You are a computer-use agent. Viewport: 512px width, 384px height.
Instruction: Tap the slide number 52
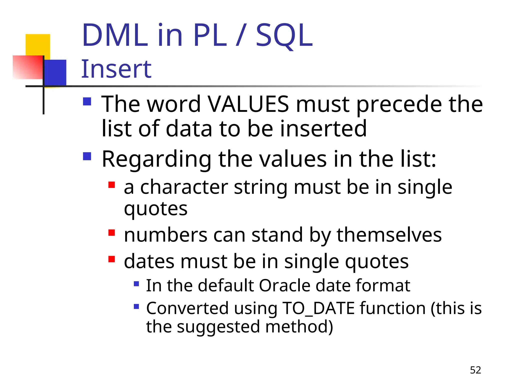475,370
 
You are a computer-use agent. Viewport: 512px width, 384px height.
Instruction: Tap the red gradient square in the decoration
27,67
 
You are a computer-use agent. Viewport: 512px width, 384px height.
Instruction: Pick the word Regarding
157,159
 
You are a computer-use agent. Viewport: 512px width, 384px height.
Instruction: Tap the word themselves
389,235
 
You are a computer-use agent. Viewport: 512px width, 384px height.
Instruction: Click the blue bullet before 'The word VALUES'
87,102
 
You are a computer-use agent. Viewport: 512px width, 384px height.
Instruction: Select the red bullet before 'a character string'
111,185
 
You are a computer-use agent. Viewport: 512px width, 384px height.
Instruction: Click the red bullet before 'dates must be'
111,259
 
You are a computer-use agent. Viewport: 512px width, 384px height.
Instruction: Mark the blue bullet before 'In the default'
136,284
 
